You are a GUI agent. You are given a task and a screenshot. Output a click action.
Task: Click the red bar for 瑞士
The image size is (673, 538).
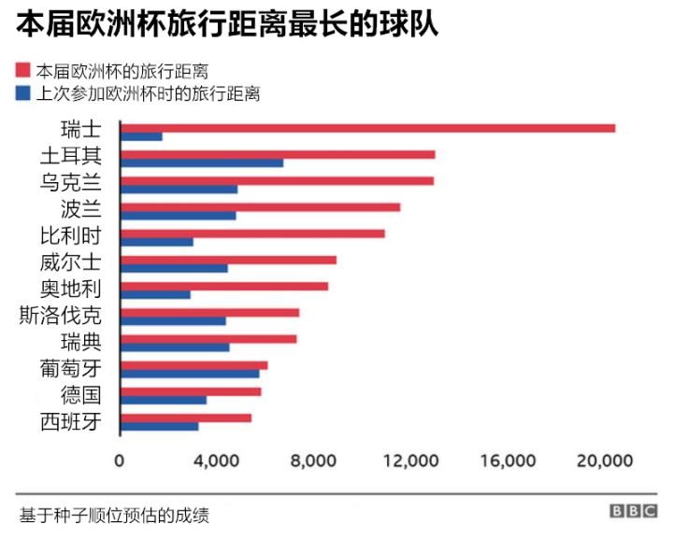(368, 128)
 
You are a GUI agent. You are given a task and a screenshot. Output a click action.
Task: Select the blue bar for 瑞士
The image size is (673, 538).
(142, 137)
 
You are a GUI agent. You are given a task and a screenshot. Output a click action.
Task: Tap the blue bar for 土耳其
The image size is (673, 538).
(203, 163)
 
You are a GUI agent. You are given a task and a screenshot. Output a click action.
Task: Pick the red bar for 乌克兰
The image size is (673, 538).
(278, 180)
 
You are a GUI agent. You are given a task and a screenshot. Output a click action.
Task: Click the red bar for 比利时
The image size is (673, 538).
(253, 233)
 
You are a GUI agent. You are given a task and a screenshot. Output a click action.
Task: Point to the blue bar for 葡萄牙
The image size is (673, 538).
(191, 374)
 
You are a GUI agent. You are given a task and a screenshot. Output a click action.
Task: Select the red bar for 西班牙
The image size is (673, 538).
(187, 418)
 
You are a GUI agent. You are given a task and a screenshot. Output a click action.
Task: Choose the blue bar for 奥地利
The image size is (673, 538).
(156, 294)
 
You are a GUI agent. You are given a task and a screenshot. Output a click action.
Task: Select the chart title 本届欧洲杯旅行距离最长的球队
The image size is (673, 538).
(227, 23)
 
